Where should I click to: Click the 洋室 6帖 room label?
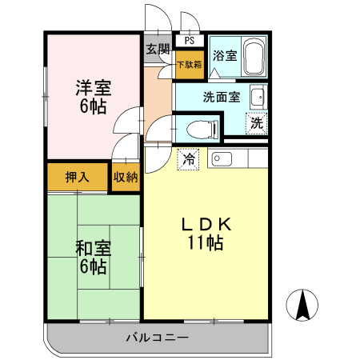[x=94, y=97]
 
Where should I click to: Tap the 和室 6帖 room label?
[x=93, y=258]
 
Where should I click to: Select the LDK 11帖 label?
[x=206, y=234]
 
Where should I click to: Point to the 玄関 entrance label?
[x=157, y=49]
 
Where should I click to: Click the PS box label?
[x=189, y=40]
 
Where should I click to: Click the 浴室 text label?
[x=224, y=57]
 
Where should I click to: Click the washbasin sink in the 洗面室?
[x=258, y=98]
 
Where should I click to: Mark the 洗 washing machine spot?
[x=256, y=124]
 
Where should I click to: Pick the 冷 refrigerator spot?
[x=189, y=159]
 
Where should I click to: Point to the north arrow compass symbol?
[x=304, y=306]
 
